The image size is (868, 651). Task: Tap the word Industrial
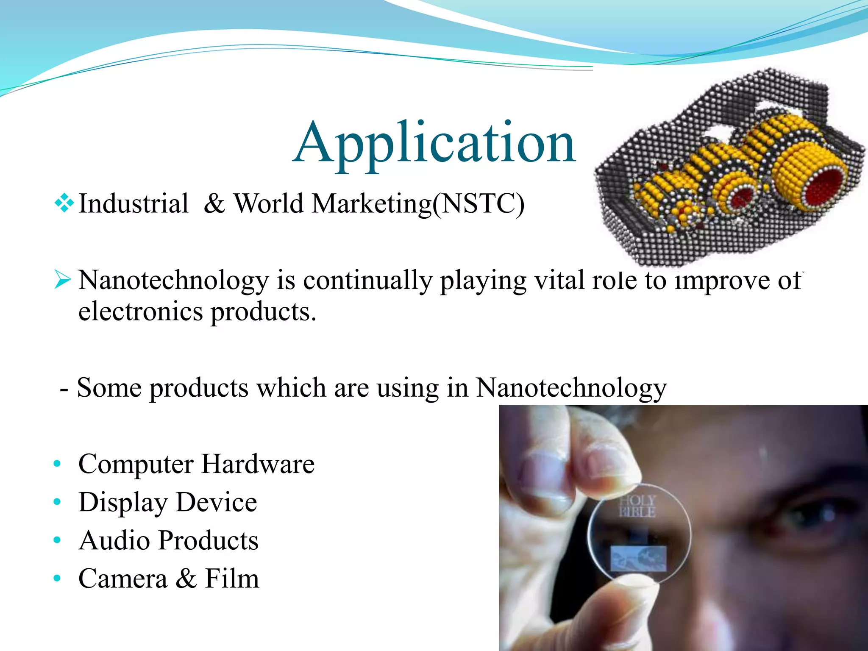(134, 203)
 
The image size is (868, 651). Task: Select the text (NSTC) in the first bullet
(479, 204)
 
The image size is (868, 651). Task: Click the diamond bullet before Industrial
(64, 203)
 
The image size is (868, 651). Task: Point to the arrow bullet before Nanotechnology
(63, 279)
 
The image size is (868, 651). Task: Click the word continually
(367, 281)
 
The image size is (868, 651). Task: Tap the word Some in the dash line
(109, 388)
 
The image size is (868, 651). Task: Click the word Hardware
(258, 464)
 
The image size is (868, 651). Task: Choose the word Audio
(114, 541)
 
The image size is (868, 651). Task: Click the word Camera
(123, 579)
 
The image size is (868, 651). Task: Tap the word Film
(231, 579)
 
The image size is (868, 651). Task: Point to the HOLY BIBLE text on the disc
(637, 506)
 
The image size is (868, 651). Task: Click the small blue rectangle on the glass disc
(638, 559)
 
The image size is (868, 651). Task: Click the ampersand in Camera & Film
(186, 579)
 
